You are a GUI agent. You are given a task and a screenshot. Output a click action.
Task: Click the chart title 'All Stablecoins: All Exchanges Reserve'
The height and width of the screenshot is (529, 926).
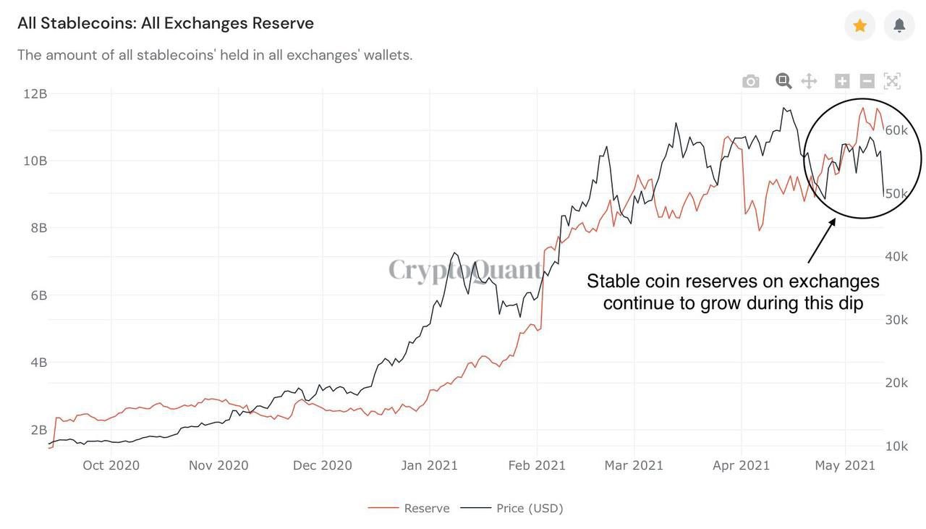[166, 23]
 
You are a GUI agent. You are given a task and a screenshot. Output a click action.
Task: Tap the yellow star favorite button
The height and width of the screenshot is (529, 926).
[859, 26]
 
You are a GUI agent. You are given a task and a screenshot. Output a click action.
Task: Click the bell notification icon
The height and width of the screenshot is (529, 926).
[899, 26]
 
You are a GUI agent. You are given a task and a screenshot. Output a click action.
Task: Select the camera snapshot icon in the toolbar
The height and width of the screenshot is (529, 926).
[751, 81]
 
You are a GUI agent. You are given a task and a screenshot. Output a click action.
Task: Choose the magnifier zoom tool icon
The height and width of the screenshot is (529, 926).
[783, 81]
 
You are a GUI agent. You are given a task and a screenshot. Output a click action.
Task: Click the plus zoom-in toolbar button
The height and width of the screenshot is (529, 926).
[842, 81]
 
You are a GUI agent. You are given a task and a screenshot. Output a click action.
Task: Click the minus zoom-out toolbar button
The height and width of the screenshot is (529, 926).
[867, 81]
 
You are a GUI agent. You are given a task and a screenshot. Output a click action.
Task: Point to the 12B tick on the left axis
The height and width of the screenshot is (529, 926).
[35, 93]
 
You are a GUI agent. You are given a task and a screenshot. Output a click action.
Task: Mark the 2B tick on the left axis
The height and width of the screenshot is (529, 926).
[38, 430]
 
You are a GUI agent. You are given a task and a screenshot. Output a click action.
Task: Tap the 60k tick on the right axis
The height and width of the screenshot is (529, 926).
[896, 130]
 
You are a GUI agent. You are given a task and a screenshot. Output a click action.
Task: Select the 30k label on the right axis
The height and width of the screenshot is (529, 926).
[896, 320]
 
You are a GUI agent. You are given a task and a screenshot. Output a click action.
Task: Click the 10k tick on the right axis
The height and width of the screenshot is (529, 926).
[896, 446]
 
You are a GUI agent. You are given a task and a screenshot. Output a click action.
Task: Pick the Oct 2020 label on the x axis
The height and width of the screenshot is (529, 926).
[111, 465]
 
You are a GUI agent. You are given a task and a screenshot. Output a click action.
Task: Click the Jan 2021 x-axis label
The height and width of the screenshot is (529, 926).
[429, 465]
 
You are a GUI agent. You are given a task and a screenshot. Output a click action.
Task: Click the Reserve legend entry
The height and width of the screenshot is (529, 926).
[426, 508]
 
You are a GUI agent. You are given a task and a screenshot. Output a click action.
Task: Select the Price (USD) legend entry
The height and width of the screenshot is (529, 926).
[529, 508]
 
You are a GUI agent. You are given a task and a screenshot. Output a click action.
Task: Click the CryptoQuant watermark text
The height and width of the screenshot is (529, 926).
[465, 270]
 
